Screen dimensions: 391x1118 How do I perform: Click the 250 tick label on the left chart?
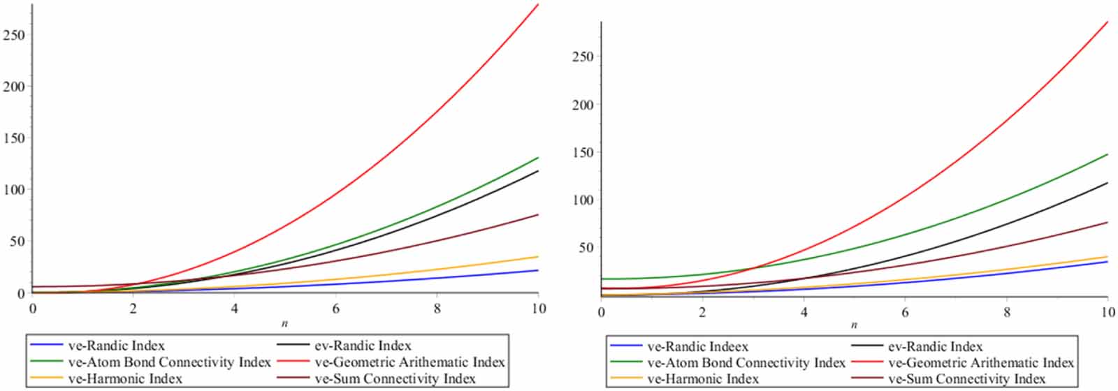click(14, 35)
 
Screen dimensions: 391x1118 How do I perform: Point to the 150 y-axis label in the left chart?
click(14, 138)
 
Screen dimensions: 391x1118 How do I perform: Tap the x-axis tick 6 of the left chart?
click(336, 307)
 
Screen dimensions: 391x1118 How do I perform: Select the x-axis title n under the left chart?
click(285, 324)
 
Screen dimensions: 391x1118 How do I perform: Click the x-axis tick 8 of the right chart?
click(1007, 311)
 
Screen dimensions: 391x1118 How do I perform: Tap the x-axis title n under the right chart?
click(854, 325)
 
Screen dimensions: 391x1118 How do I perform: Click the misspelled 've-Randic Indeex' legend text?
click(697, 346)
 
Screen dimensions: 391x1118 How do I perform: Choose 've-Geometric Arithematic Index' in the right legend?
click(980, 363)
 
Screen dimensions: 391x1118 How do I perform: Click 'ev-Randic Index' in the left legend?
click(363, 346)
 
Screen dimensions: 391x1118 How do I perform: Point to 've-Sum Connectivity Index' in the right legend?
click(966, 379)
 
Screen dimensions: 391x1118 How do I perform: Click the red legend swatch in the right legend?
click(866, 363)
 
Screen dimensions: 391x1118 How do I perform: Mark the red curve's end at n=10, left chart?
click(538, 4)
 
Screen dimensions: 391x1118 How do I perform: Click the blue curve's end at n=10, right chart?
click(1108, 261)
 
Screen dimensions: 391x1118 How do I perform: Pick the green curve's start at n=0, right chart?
click(602, 279)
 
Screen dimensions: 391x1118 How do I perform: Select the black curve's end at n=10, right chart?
click(1108, 183)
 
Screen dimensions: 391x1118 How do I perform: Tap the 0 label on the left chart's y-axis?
click(21, 293)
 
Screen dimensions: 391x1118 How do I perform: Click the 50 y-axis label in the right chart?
click(586, 248)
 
